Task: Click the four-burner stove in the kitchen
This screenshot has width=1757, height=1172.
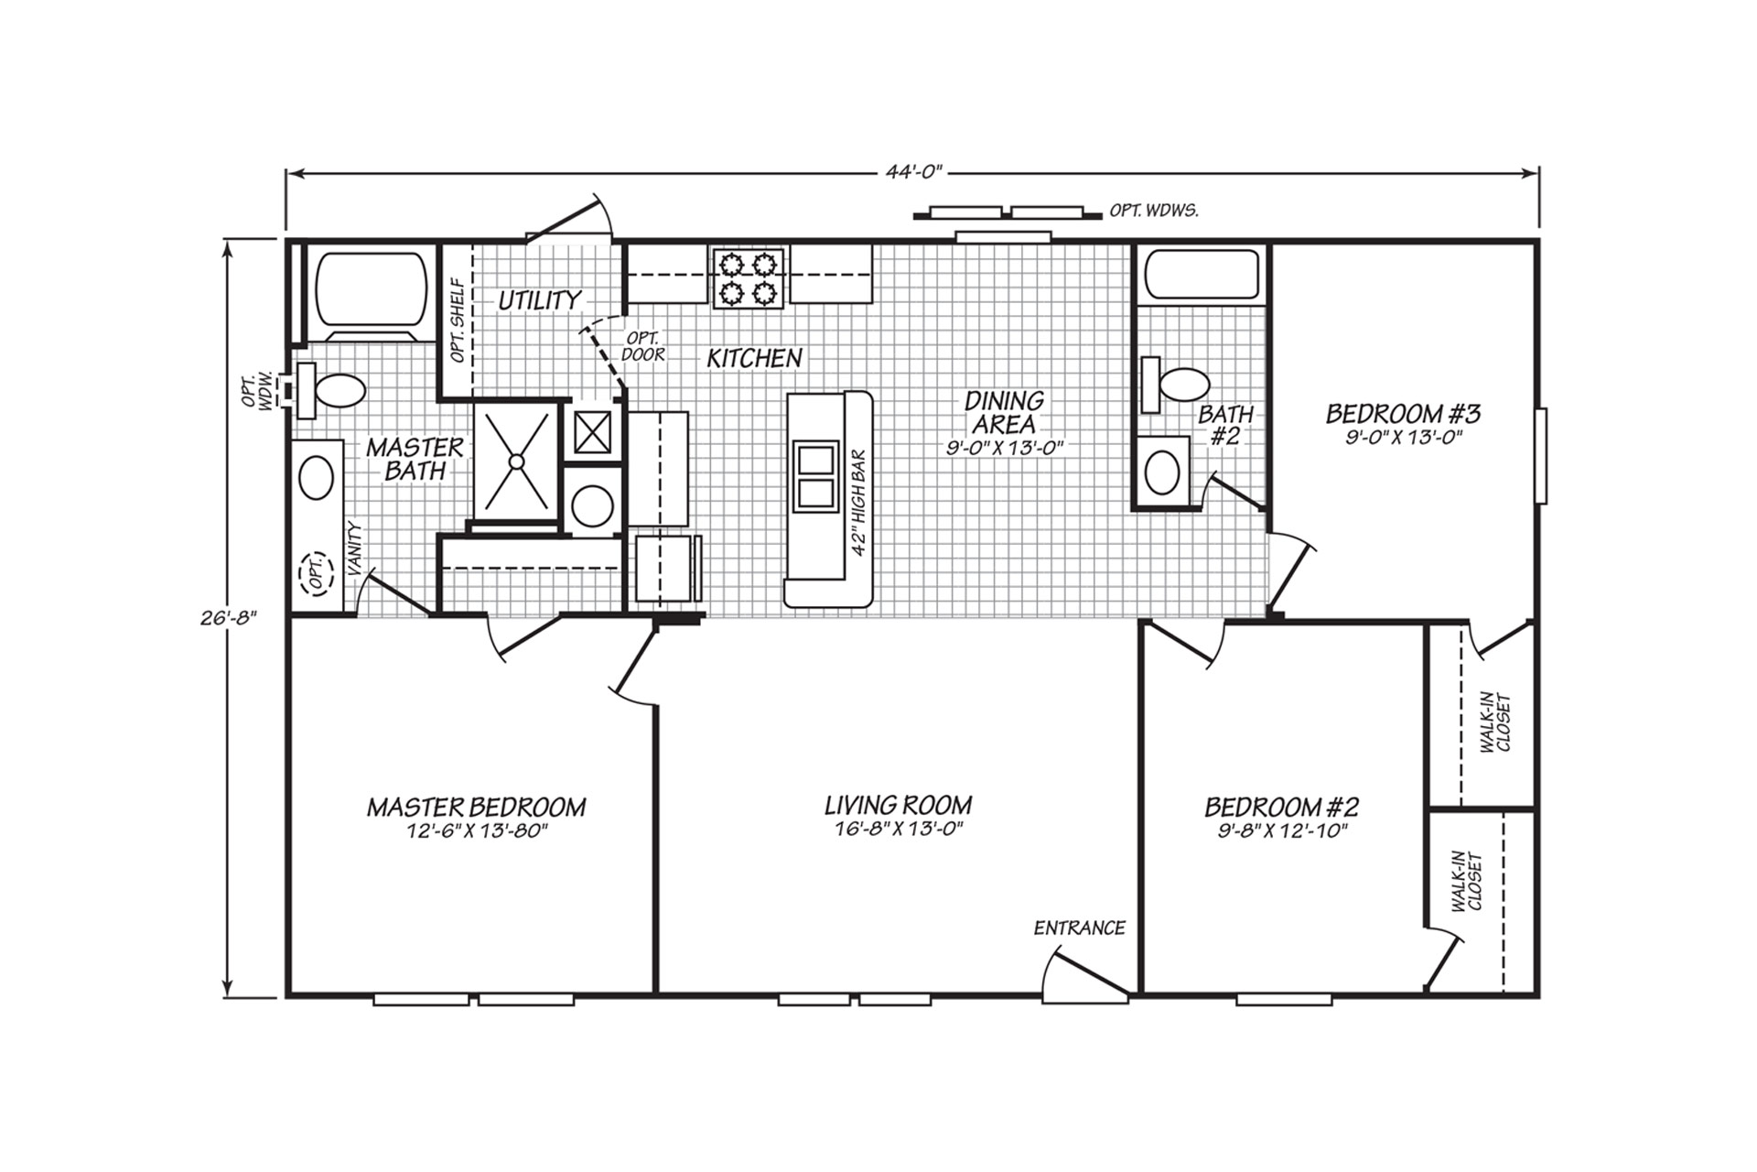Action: coord(749,278)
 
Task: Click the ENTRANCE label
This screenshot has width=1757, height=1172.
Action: coord(1079,928)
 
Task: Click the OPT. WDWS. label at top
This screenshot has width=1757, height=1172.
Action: coord(1154,211)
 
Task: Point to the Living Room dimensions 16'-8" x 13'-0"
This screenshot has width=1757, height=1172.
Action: coord(897,830)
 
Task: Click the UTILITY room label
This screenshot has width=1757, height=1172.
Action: coord(539,300)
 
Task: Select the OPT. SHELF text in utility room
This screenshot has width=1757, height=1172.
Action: coord(458,320)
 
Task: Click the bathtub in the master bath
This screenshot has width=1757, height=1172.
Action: coord(371,287)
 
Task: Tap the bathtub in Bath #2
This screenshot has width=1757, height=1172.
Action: coord(1200,274)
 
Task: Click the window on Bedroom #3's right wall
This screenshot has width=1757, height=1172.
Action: coord(1541,455)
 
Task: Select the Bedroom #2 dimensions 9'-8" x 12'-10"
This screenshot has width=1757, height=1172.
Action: coord(1281,831)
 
